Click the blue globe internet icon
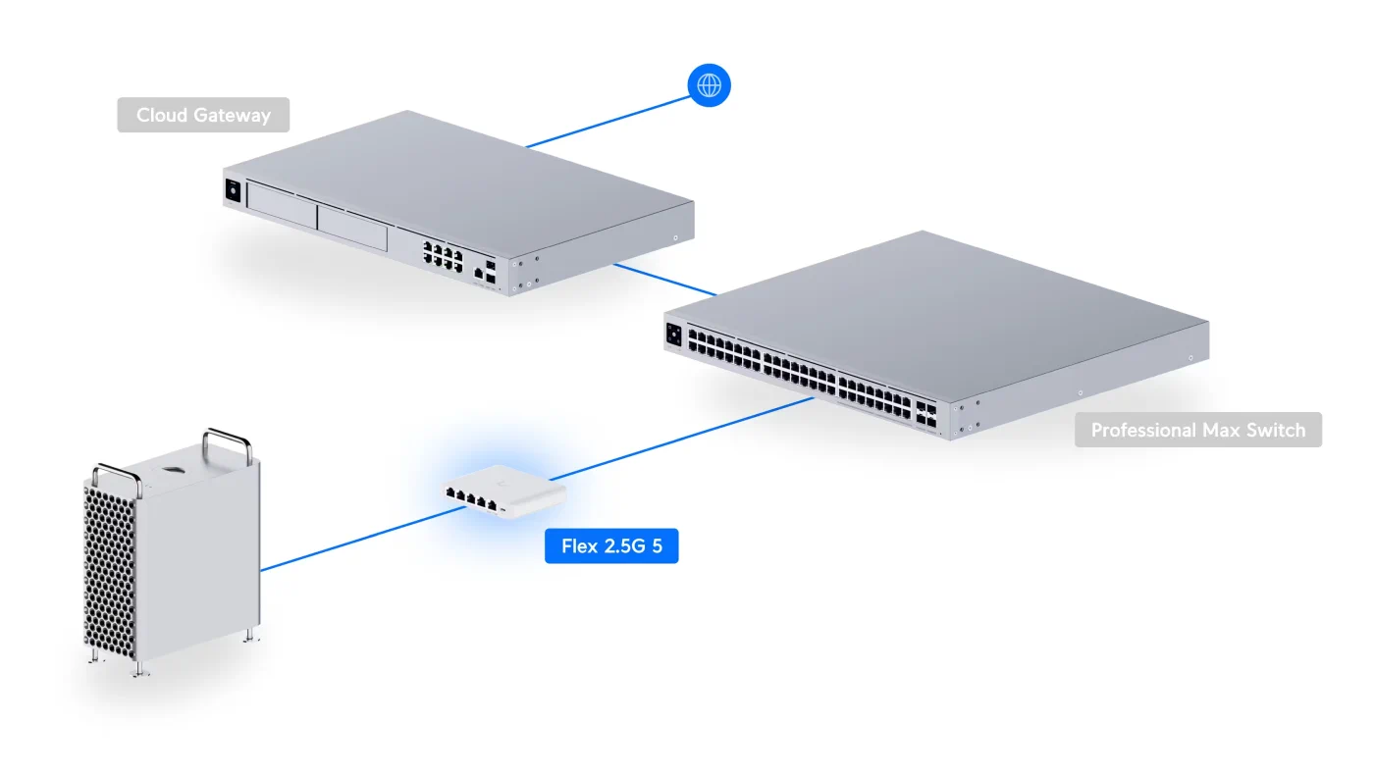tap(709, 85)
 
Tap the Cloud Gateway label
tap(203, 115)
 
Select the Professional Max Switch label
tap(1197, 430)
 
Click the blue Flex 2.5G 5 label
tap(611, 546)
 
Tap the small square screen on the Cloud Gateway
tap(234, 190)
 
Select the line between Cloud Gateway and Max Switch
tap(665, 278)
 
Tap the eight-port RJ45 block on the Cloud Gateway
tap(443, 254)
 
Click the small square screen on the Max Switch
tap(673, 334)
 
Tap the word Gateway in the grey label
tap(232, 115)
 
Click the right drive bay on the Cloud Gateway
tap(352, 229)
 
